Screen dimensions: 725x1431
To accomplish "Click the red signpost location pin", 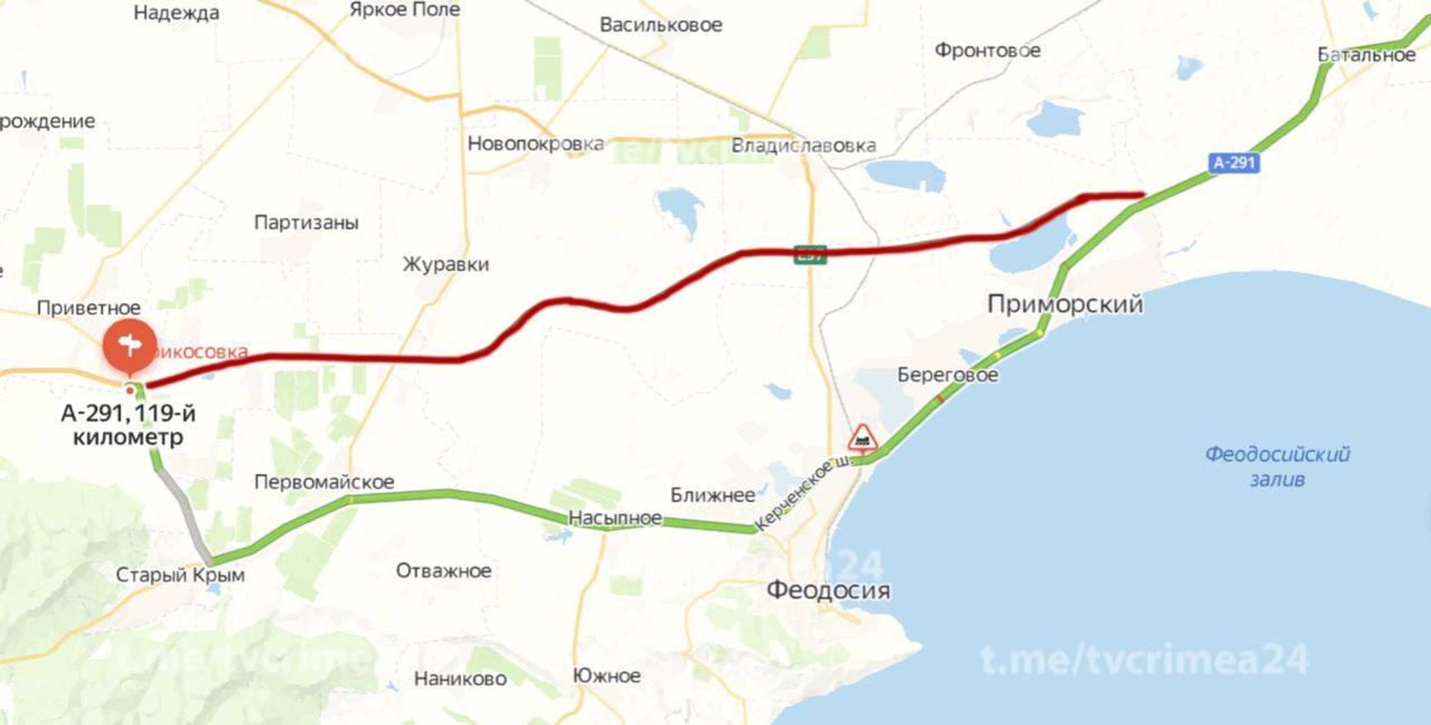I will [129, 345].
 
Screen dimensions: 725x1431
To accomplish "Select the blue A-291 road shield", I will [1234, 163].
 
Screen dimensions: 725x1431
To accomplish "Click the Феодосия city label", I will [828, 590].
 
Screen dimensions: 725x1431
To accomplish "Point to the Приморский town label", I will [1065, 304].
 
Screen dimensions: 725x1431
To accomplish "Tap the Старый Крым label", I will [180, 575].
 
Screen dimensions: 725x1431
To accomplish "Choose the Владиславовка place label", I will [803, 146].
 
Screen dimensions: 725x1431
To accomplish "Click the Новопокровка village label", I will [535, 144].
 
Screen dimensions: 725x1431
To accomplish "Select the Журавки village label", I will [445, 264].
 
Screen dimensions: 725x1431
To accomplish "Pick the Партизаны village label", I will [306, 222].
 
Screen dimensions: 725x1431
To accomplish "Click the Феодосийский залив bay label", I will [1276, 466].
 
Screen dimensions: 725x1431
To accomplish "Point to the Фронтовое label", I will [987, 50].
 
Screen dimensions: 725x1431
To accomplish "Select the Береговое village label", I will [948, 375].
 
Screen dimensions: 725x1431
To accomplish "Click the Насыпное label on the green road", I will [615, 518].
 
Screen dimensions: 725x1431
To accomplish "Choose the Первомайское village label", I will [324, 481].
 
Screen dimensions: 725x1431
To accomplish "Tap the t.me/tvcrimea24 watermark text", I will [1144, 659].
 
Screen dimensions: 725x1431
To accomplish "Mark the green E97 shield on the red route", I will [810, 254].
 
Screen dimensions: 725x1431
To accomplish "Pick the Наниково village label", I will [460, 679].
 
